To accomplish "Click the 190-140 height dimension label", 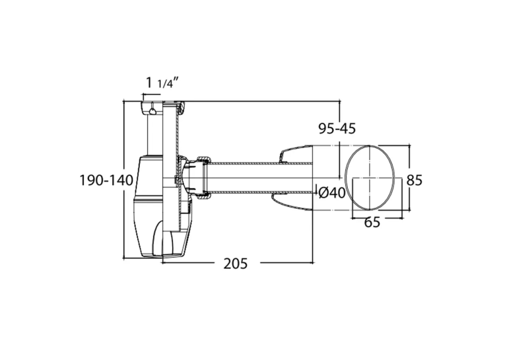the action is pyautogui.click(x=106, y=180).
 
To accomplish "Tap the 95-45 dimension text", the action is pyautogui.click(x=337, y=129).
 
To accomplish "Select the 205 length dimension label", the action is pyautogui.click(x=236, y=264).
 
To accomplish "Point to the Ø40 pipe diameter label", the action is pyautogui.click(x=332, y=193).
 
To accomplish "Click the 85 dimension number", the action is pyautogui.click(x=414, y=180).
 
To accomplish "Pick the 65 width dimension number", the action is pyautogui.click(x=372, y=222).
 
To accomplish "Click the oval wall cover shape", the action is pyautogui.click(x=370, y=178).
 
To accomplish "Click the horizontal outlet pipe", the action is pyautogui.click(x=261, y=178).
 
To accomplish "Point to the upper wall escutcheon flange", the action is pyautogui.click(x=296, y=154).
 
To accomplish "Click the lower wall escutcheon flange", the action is pyautogui.click(x=292, y=201).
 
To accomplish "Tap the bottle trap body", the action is pyautogui.click(x=150, y=206).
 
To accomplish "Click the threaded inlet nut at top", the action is pyautogui.click(x=152, y=108).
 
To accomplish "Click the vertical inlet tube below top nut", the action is pyautogui.click(x=155, y=135).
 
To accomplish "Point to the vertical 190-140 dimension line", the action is pyautogui.click(x=124, y=180).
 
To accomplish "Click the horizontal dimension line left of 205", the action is pyautogui.click(x=188, y=263).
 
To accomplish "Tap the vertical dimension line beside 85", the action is pyautogui.click(x=409, y=178).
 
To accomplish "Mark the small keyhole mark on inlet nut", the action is pyautogui.click(x=152, y=110).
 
